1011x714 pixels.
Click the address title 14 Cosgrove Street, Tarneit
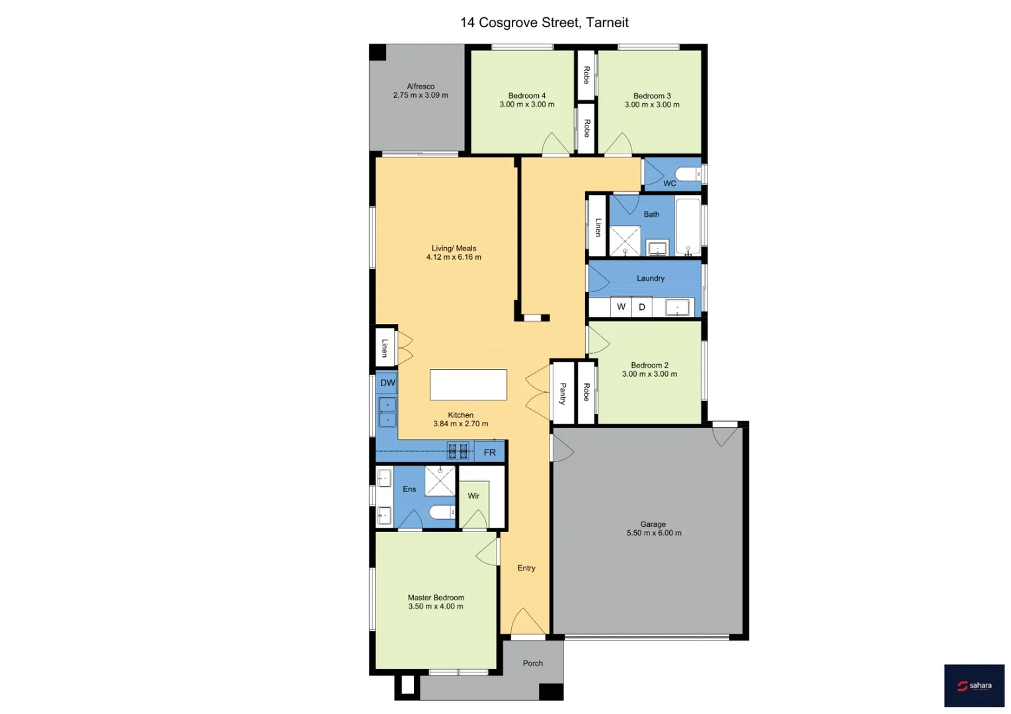pyautogui.click(x=544, y=22)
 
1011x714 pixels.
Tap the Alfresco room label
pyautogui.click(x=421, y=87)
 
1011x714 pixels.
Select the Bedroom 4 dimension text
pyautogui.click(x=527, y=104)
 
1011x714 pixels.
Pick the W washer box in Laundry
pyautogui.click(x=621, y=307)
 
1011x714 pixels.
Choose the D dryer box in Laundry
pyautogui.click(x=641, y=307)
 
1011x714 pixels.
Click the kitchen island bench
pyautogui.click(x=468, y=385)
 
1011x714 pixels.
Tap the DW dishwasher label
pyautogui.click(x=387, y=383)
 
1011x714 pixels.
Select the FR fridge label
pyautogui.click(x=489, y=452)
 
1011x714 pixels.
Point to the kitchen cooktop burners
pyautogui.click(x=458, y=452)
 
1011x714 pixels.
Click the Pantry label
pyautogui.click(x=563, y=393)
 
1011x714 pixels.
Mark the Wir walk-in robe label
pyautogui.click(x=473, y=496)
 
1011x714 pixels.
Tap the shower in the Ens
pyautogui.click(x=440, y=481)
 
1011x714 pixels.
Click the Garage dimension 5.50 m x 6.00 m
pyautogui.click(x=654, y=533)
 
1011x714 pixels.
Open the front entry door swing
pyautogui.click(x=528, y=622)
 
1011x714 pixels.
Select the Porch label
pyautogui.click(x=533, y=663)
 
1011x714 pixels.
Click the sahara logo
pyautogui.click(x=974, y=686)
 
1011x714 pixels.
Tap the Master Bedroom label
pyautogui.click(x=436, y=598)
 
